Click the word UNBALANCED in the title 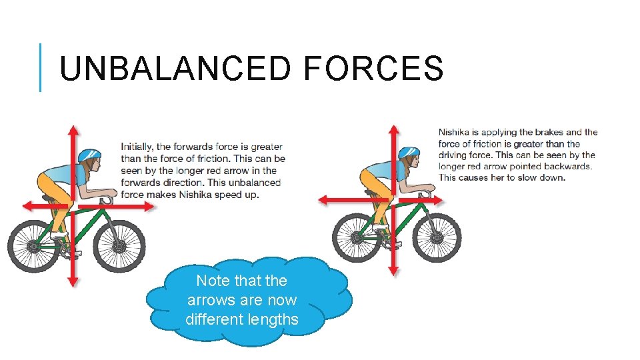[x=175, y=69]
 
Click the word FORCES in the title [x=373, y=69]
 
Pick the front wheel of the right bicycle [x=437, y=237]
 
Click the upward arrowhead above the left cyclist [x=73, y=129]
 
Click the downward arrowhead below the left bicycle [x=73, y=282]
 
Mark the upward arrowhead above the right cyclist [x=393, y=129]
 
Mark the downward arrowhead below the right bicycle [x=393, y=270]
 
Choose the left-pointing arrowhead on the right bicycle [x=323, y=199]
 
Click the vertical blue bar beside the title [x=40, y=67]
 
